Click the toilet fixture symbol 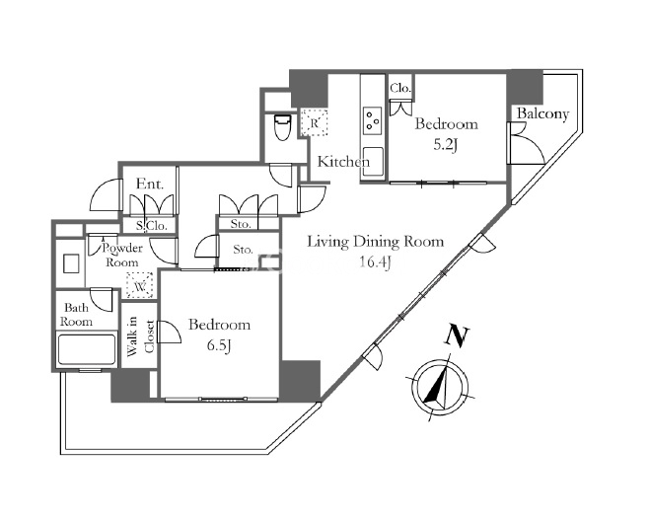click(283, 127)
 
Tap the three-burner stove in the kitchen click(372, 120)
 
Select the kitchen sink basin click(372, 161)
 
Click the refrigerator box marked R click(314, 122)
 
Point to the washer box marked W click(140, 285)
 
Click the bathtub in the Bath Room click(86, 350)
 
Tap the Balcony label click(543, 113)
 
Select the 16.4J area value click(375, 262)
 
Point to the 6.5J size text click(218, 345)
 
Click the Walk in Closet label click(141, 336)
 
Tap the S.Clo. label click(152, 226)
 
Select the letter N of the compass click(456, 335)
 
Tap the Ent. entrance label click(150, 184)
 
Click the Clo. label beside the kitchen click(400, 88)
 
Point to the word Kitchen click(343, 161)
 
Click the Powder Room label click(122, 256)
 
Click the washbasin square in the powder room click(71, 263)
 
